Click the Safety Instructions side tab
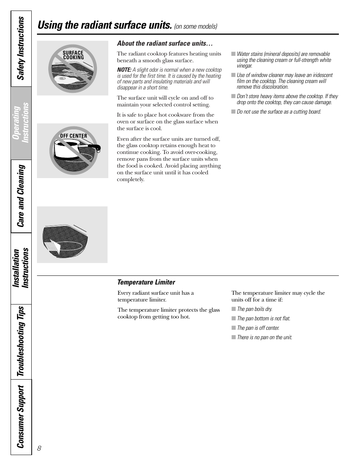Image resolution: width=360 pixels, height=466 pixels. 21,49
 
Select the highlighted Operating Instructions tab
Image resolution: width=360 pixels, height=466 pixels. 21,123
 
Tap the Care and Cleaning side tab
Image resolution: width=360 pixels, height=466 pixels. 21,196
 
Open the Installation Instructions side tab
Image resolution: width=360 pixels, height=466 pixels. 21,268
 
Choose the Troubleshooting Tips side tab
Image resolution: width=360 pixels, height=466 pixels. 21,341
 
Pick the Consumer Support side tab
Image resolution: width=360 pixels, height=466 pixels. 21,417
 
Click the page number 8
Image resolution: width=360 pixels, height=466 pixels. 39,448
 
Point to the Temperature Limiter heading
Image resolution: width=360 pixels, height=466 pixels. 146,282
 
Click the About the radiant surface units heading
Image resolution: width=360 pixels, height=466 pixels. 165,43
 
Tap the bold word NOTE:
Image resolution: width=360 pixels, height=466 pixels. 124,70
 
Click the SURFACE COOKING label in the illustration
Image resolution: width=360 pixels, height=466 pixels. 73,55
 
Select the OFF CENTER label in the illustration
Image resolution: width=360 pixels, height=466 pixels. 74,136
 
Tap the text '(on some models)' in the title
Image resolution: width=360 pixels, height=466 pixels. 195,26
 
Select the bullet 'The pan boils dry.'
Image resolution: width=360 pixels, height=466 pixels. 254,309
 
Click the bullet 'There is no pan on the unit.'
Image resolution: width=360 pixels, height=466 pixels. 264,337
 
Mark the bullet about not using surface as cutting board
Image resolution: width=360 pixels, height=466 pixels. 279,112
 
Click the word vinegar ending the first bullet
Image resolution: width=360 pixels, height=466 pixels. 245,66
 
